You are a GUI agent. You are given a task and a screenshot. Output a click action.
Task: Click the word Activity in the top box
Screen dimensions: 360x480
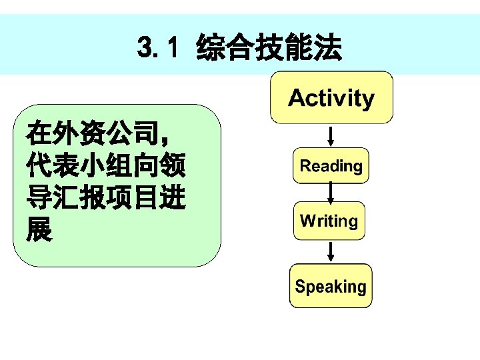coord(331,99)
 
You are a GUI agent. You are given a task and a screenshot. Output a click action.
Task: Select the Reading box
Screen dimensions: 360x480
coord(331,166)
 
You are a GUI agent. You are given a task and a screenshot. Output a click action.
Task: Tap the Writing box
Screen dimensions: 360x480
coord(329,221)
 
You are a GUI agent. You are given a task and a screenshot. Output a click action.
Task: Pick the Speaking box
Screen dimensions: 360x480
coord(331,287)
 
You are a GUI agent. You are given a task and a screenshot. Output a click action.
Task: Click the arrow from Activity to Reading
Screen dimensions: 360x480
coord(331,136)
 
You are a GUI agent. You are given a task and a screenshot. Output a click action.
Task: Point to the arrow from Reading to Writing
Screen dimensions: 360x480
coord(331,193)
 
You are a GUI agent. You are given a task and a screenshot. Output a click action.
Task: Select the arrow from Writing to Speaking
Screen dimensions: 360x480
coord(331,252)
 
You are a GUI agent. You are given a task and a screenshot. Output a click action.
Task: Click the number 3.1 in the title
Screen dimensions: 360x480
coord(159,47)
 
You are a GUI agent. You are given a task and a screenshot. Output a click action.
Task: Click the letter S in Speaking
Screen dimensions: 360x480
coord(300,287)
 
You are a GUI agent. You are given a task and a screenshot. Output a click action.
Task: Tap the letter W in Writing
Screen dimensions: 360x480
coord(307,221)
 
